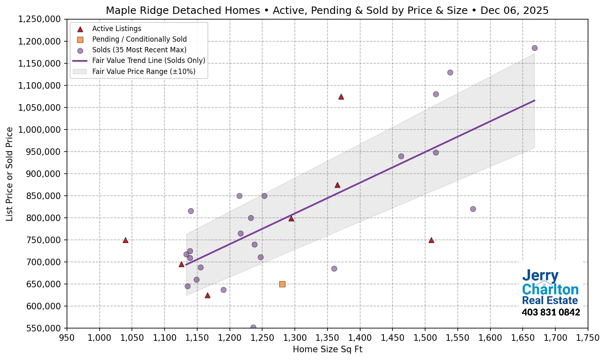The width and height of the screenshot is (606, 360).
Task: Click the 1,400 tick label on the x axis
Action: [x=360, y=338]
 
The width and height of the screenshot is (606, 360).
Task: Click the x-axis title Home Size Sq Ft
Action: [x=328, y=349]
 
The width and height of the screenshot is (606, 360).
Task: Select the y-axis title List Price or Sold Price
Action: [x=9, y=174]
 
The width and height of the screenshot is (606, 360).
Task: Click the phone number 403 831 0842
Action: [x=550, y=313]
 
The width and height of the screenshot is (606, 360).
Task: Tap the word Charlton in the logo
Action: [x=550, y=289]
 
